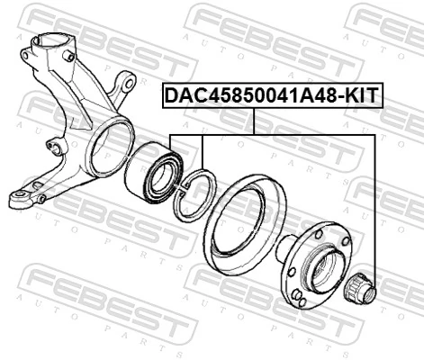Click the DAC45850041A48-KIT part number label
pyautogui.click(x=271, y=93)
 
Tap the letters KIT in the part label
pyautogui.click(x=363, y=93)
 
